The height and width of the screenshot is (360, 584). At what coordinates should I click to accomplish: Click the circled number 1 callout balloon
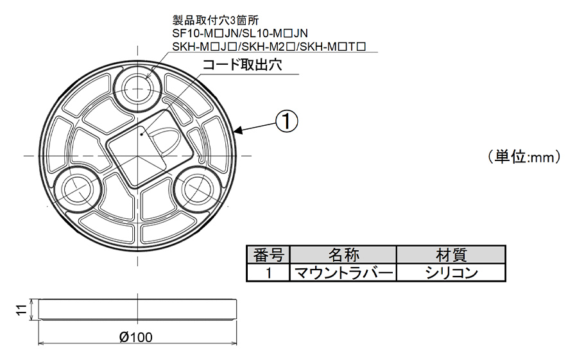287,120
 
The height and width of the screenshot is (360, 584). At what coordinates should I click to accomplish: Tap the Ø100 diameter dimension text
135,338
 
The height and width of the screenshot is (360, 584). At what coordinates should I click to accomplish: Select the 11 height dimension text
21,310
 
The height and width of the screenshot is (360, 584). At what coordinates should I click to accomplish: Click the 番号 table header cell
268,254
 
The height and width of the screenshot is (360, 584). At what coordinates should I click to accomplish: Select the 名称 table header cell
344,254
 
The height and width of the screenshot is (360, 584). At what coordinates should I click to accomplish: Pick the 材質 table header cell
451,254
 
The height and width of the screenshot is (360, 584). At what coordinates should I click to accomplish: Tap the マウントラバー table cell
344,272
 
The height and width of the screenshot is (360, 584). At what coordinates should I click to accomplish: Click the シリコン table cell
451,272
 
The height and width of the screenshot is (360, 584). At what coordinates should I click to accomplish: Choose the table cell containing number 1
268,272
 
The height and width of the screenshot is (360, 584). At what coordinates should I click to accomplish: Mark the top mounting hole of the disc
137,87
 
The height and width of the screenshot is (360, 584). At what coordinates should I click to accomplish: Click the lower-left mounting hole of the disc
76,187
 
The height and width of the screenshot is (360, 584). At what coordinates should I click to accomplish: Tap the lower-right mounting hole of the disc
196,188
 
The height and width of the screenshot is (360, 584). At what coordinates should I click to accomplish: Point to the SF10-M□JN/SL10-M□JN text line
241,33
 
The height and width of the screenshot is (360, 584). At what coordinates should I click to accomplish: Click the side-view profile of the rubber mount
136,310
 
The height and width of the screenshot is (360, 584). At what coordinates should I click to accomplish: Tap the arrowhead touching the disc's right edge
238,133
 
